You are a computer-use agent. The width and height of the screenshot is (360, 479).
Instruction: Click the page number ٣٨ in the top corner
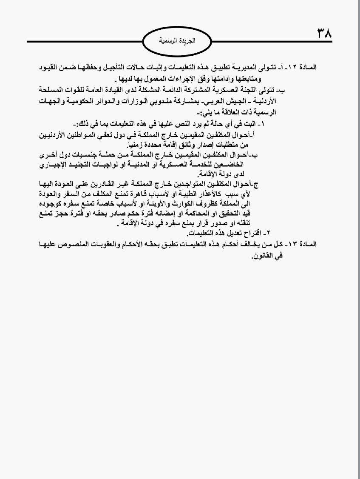click(324, 34)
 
